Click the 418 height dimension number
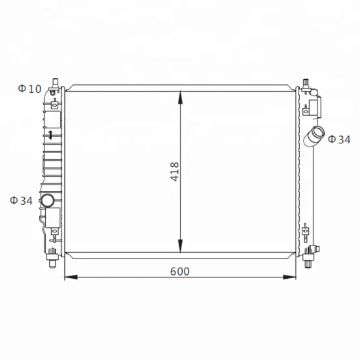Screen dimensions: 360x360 tap(174, 171)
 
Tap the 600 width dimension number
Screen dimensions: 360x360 tap(180, 272)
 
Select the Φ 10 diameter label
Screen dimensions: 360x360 tap(29, 89)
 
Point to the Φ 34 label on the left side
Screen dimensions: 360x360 tap(21, 201)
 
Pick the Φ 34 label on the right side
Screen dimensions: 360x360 tap(339, 139)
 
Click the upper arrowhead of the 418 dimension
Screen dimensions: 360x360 tap(181, 98)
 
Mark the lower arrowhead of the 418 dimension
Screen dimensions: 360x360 tap(181, 246)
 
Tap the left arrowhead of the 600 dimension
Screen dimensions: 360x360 tap(71, 277)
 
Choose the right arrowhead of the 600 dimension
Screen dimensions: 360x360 tap(289, 277)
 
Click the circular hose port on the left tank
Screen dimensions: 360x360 tap(48, 200)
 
